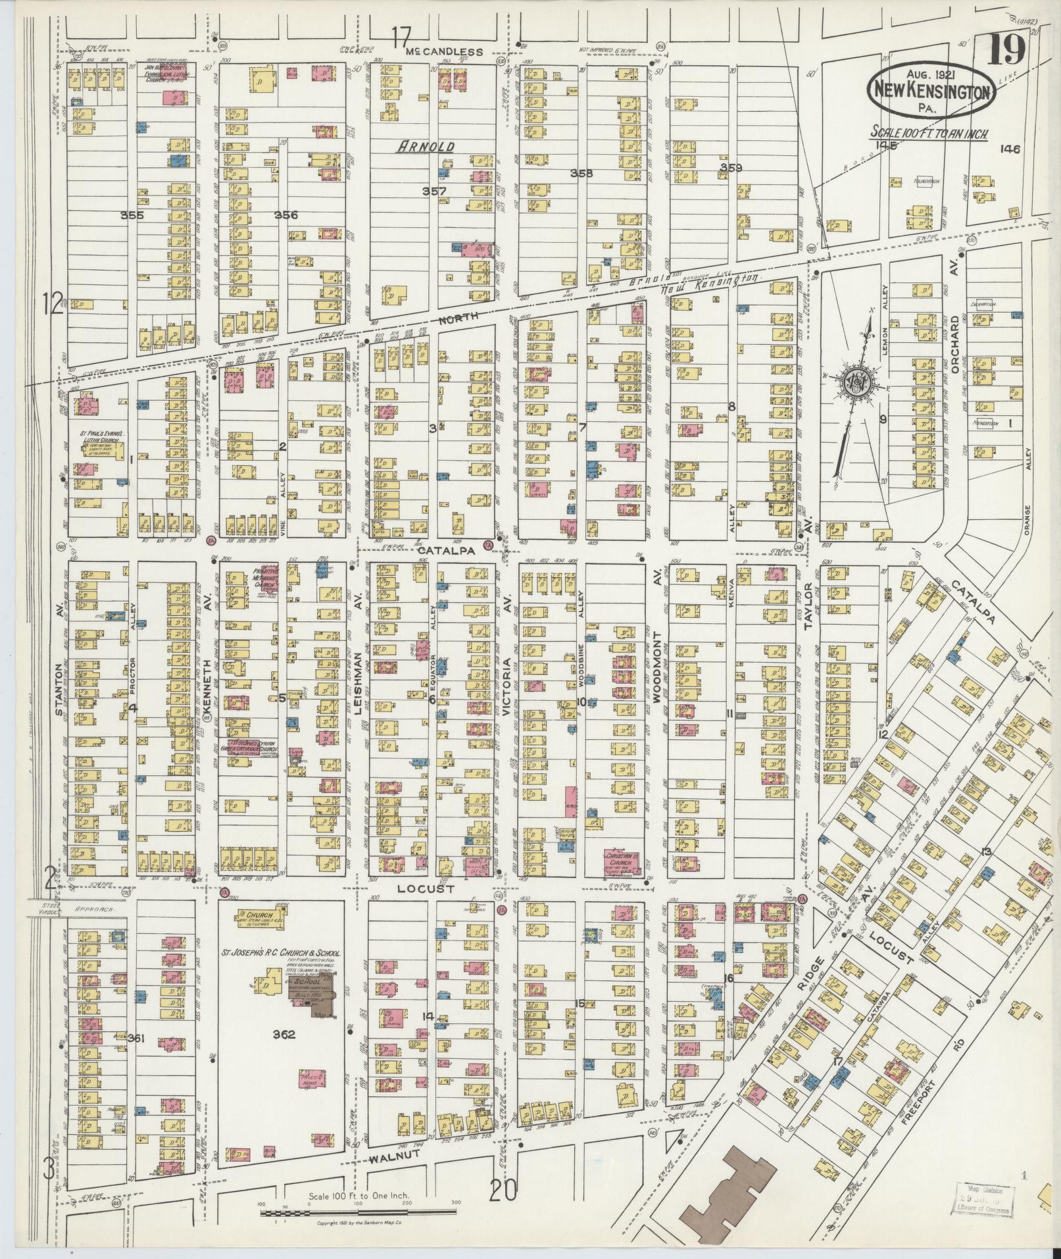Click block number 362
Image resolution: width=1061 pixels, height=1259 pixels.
(284, 1034)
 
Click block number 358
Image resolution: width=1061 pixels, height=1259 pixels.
(581, 174)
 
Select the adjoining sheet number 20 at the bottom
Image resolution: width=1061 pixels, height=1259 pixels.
(503, 1189)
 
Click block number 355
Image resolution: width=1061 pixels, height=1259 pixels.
(132, 215)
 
